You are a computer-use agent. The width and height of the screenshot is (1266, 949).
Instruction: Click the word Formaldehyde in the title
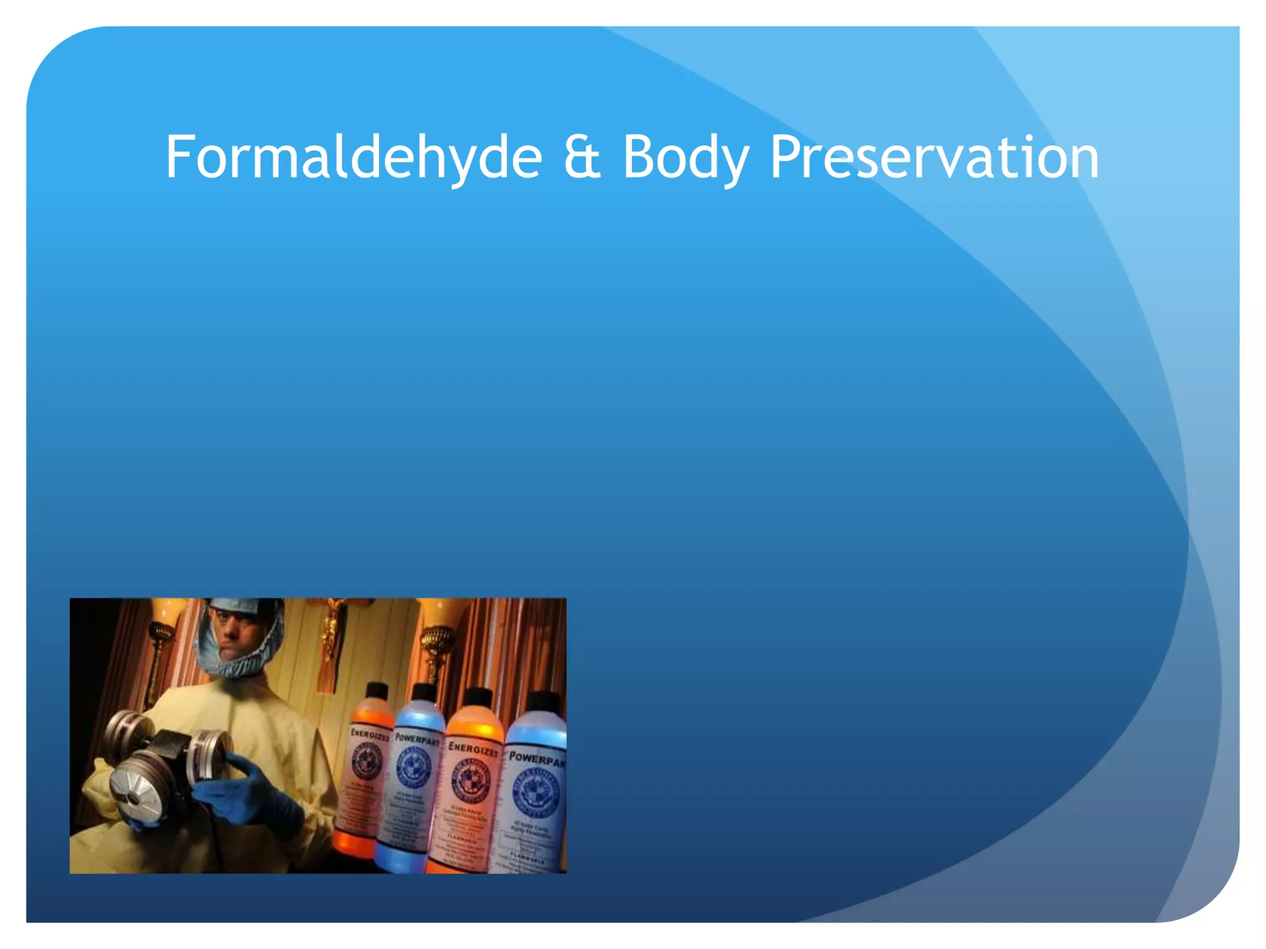coord(353,158)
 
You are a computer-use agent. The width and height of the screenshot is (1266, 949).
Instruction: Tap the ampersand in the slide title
coord(582,158)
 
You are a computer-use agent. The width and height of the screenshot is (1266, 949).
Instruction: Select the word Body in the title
coord(686,158)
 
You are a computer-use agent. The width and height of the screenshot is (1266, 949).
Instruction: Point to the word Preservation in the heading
coord(933,158)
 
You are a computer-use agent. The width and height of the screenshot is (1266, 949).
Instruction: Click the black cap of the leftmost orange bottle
coord(376,690)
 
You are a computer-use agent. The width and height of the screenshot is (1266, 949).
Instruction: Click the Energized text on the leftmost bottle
coord(370,735)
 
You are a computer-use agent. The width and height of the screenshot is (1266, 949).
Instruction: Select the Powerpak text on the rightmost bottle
coord(537,760)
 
